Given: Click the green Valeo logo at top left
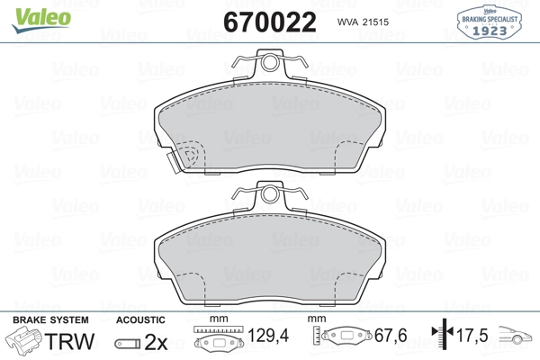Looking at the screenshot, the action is pyautogui.click(x=41, y=20).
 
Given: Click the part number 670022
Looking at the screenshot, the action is pyautogui.click(x=270, y=22).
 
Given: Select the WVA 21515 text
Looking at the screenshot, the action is pyautogui.click(x=363, y=22).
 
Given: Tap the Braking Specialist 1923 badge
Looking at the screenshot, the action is pyautogui.click(x=489, y=22).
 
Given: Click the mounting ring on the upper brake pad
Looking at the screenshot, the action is pyautogui.click(x=269, y=63).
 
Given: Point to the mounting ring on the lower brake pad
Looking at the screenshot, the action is pyautogui.click(x=269, y=194).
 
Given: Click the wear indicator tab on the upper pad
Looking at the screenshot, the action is pyautogui.click(x=173, y=163).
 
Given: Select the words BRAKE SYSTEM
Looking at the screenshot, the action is pyautogui.click(x=50, y=320).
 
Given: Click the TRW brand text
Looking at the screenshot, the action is pyautogui.click(x=69, y=341).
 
